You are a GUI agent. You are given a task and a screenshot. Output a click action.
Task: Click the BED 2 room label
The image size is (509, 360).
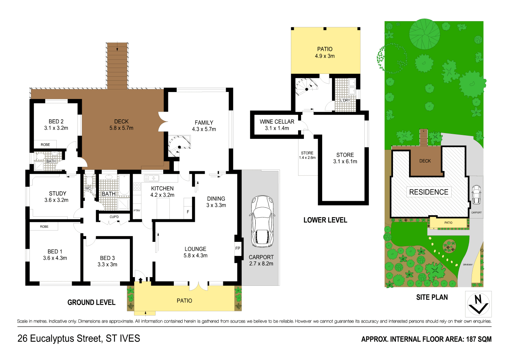(56, 121)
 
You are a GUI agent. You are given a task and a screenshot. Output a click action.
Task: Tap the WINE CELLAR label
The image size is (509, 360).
(277, 122)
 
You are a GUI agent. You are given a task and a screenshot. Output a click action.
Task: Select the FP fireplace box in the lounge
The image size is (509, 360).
(238, 249)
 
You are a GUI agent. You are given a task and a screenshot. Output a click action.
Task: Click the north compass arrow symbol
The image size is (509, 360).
(478, 304)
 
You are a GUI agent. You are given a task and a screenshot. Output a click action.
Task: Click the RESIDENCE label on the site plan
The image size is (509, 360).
(429, 192)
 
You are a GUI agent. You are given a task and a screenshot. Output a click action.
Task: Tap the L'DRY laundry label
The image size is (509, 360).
(345, 100)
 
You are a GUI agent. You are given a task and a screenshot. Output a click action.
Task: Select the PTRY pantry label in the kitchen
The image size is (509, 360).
(137, 211)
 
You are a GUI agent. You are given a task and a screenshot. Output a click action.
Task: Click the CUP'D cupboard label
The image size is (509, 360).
(114, 217)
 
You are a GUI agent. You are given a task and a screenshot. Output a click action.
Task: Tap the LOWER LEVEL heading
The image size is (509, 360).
(325, 220)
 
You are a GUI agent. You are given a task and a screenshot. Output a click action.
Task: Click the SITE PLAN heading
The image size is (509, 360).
(432, 297)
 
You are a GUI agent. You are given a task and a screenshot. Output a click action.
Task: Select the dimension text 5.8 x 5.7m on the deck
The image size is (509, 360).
(121, 128)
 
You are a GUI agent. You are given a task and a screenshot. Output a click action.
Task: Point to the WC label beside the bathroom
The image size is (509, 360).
(88, 188)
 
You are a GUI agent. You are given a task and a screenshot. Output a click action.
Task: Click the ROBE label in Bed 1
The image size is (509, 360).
(44, 227)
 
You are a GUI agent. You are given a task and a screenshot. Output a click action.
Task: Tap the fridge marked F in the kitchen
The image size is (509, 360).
(188, 212)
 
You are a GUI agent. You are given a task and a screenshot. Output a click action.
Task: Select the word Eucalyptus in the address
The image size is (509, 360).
(65, 339)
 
